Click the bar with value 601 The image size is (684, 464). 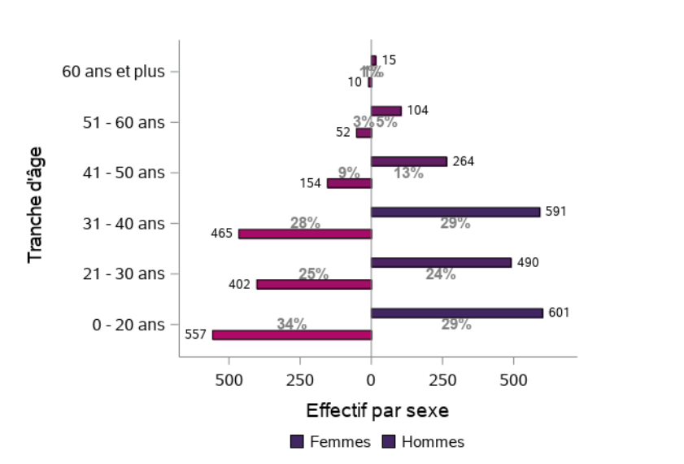[456, 313]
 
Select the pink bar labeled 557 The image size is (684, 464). [292, 335]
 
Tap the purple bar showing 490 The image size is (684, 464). [441, 262]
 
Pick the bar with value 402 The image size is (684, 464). [314, 284]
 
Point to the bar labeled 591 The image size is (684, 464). [455, 212]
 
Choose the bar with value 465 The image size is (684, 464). [305, 234]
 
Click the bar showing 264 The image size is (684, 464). [409, 161]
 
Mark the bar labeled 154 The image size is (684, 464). [349, 183]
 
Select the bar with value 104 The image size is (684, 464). [386, 111]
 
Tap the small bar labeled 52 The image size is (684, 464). [364, 133]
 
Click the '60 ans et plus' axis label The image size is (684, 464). [113, 72]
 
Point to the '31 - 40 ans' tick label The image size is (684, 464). [124, 223]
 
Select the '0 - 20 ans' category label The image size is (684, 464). [129, 324]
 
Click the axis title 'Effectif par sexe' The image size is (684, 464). [377, 409]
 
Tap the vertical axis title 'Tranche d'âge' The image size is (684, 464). [35, 204]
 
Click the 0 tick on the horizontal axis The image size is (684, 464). [371, 379]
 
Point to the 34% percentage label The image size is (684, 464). [291, 324]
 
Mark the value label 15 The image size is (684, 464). [389, 60]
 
